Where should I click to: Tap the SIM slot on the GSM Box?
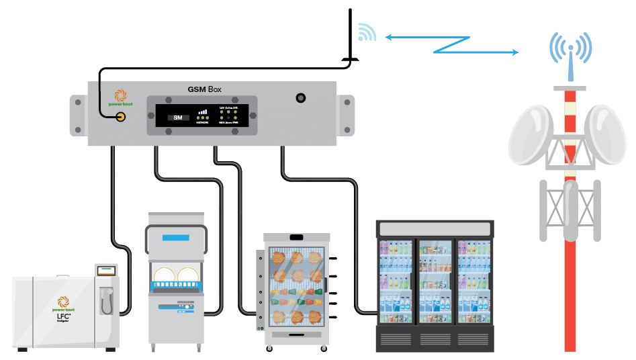[177, 118]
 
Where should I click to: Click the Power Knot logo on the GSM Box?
[120, 98]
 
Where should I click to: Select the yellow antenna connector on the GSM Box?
[121, 118]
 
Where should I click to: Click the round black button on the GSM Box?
[300, 99]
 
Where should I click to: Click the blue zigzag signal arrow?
[451, 44]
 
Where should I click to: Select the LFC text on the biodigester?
[63, 316]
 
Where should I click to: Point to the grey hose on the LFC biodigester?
[105, 304]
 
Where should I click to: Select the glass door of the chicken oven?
[296, 286]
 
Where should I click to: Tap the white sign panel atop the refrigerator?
[435, 228]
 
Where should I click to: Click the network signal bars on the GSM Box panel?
[203, 112]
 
